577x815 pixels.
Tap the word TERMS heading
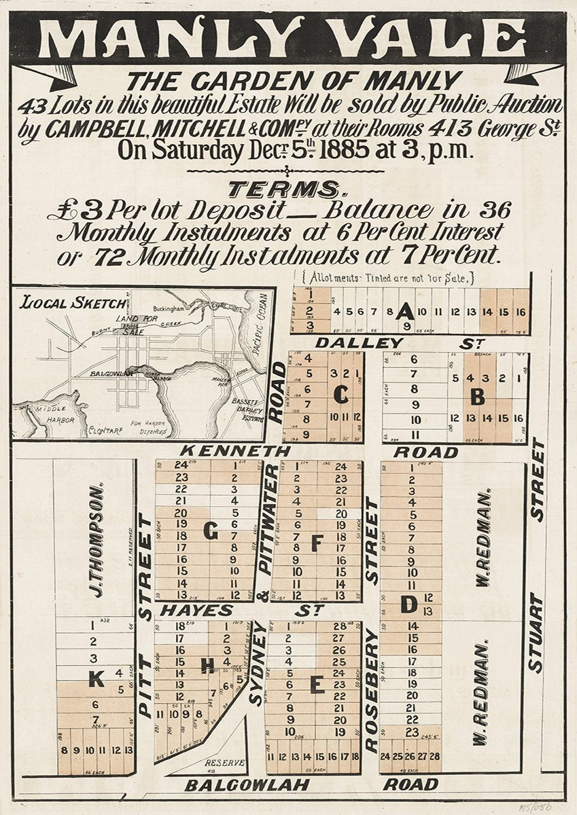[x=283, y=188]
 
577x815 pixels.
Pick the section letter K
[x=97, y=677]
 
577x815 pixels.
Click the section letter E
[x=317, y=685]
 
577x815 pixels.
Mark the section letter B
[x=478, y=397]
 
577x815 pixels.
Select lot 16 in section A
[x=521, y=312]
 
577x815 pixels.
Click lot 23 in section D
[x=411, y=732]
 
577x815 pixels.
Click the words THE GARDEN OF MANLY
[x=294, y=81]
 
